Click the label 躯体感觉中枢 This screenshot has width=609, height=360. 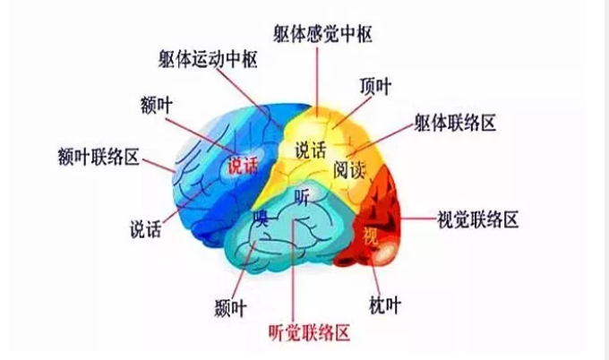click(322, 34)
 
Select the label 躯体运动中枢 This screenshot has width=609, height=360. click(208, 59)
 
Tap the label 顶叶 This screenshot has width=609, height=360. click(375, 86)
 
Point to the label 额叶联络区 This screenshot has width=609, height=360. click(99, 157)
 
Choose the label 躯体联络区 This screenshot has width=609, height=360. click(455, 123)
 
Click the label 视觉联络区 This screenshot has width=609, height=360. click(477, 219)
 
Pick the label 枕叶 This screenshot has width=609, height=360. click(384, 305)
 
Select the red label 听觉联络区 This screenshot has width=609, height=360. click(310, 332)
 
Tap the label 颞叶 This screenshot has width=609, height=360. click(231, 308)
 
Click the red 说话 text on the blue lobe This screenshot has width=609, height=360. click(243, 166)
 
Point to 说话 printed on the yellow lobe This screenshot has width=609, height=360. click(311, 150)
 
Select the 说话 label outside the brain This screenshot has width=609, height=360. click(145, 229)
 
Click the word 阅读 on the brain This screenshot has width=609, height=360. click(349, 170)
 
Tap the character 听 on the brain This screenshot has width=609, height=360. click(302, 197)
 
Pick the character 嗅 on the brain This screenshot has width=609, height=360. click(261, 219)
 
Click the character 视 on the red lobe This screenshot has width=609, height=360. click(371, 236)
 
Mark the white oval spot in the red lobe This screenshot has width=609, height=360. click(384, 253)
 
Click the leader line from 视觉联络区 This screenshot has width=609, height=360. click(419, 219)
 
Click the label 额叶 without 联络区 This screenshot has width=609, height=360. click(157, 106)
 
